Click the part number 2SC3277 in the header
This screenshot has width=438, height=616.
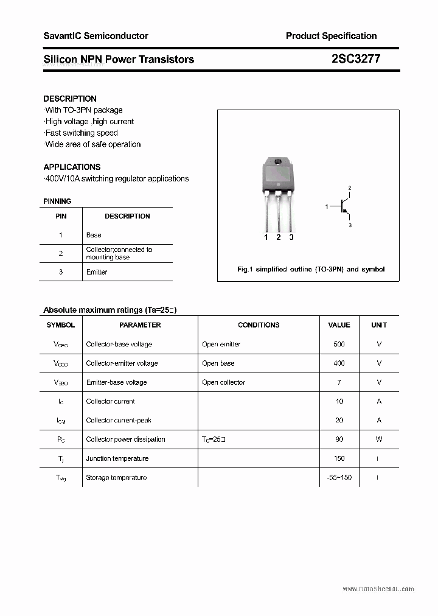pyautogui.click(x=356, y=59)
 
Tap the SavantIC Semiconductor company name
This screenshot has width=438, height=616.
pyautogui.click(x=96, y=36)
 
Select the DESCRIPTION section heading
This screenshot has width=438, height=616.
pyautogui.click(x=70, y=99)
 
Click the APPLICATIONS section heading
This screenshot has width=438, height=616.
pyautogui.click(x=72, y=167)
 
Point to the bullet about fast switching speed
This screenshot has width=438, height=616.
pyautogui.click(x=82, y=133)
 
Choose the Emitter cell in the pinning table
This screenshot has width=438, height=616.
pyautogui.click(x=97, y=272)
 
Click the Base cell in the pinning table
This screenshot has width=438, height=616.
pyautogui.click(x=94, y=235)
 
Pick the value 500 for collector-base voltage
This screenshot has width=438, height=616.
pyautogui.click(x=339, y=345)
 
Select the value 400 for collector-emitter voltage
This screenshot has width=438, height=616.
pyautogui.click(x=339, y=363)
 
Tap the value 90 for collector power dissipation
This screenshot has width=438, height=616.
pyautogui.click(x=339, y=439)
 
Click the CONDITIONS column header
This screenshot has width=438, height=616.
pyautogui.click(x=259, y=325)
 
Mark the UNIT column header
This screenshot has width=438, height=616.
pyautogui.click(x=379, y=325)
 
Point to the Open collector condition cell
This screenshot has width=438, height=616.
pyautogui.click(x=223, y=382)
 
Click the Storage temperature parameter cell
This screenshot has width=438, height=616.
pyautogui.click(x=116, y=478)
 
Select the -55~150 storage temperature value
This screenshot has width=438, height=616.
pyautogui.click(x=339, y=478)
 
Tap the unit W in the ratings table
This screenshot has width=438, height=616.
pyautogui.click(x=379, y=439)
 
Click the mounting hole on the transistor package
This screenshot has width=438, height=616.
pyautogui.click(x=278, y=162)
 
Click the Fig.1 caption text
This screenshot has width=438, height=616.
pyautogui.click(x=310, y=269)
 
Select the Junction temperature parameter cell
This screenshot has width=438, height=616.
pyautogui.click(x=117, y=458)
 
